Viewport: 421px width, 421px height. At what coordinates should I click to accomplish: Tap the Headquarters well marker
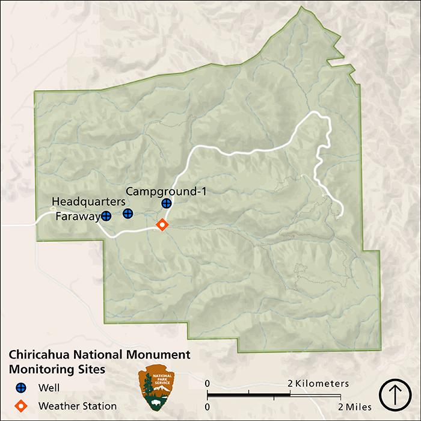[x=128, y=214]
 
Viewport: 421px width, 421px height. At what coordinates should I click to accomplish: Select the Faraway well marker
[x=106, y=215]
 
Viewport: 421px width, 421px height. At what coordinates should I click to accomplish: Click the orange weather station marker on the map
[x=161, y=225]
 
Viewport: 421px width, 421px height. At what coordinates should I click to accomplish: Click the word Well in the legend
[x=49, y=388]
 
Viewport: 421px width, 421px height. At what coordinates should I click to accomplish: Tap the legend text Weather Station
[x=78, y=406]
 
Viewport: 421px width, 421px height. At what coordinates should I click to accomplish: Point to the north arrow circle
[x=395, y=395]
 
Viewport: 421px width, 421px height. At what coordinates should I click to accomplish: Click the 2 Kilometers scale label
[x=318, y=384]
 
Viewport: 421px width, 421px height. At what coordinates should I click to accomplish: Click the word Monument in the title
[x=159, y=355]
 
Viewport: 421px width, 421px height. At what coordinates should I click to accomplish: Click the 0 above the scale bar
[x=207, y=384]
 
